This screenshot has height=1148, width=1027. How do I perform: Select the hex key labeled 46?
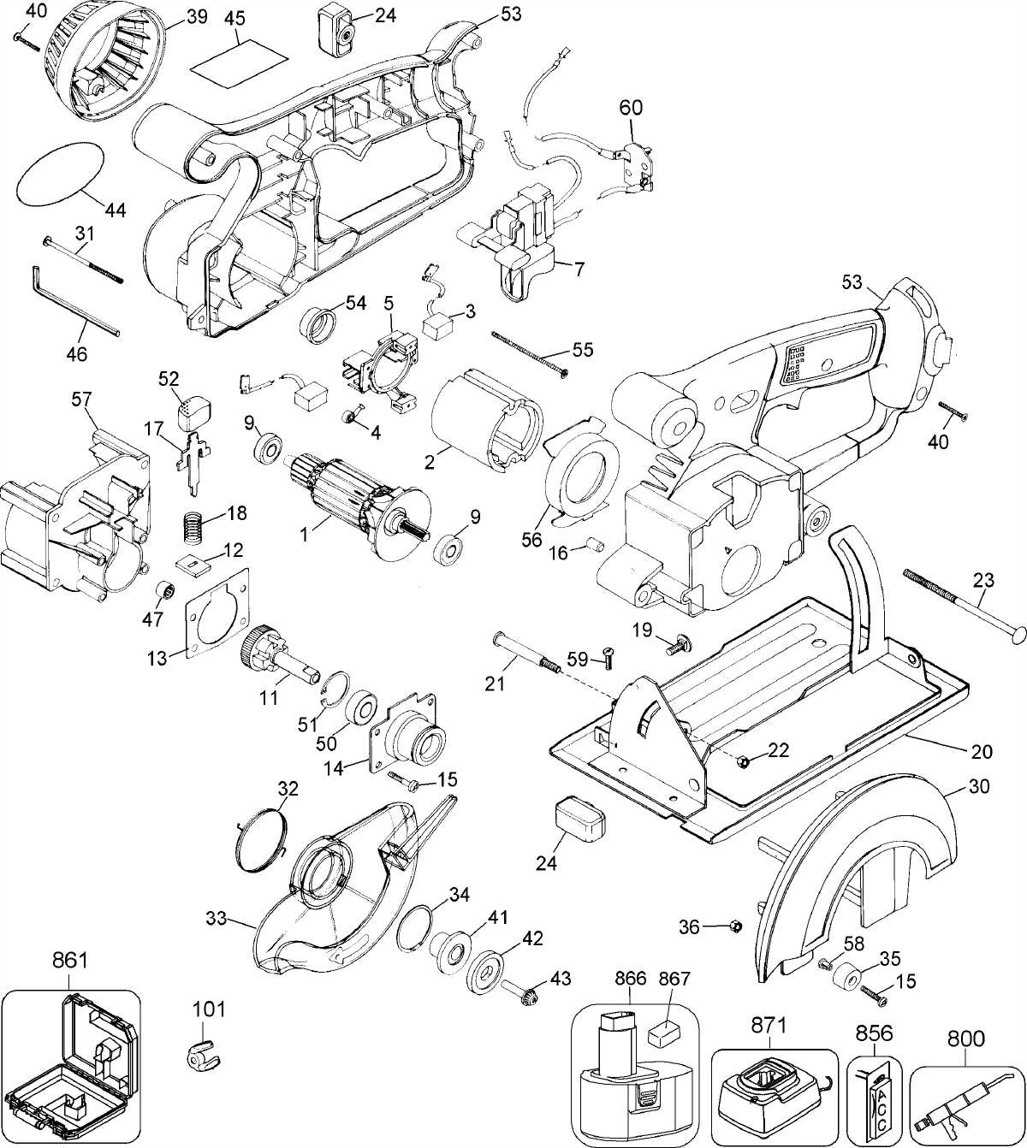coord(74,302)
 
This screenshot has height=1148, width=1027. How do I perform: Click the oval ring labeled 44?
coord(62,175)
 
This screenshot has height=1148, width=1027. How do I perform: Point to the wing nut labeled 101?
coord(203,1054)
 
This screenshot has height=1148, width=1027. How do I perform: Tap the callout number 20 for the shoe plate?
coord(982,752)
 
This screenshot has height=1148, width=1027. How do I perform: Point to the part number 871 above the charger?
coord(769,1025)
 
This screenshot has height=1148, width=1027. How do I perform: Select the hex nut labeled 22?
coord(745,761)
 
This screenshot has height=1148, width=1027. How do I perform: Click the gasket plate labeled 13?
coord(218,616)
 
